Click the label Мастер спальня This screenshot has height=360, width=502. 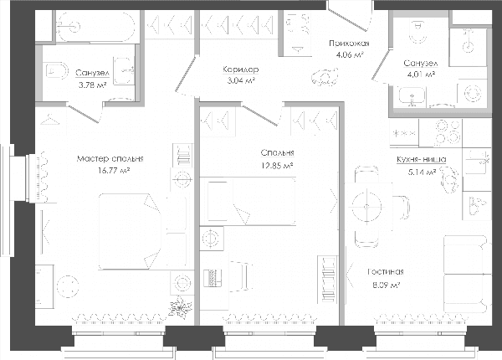tap(110, 159)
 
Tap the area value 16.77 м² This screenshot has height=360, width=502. tap(114, 171)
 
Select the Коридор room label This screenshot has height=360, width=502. tap(241, 69)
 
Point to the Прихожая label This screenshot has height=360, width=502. tap(349, 44)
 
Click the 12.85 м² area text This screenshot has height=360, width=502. tap(277, 166)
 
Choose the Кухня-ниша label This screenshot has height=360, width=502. tap(422, 160)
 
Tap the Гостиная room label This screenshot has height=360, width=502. tap(386, 272)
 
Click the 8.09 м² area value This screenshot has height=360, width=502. tap(385, 285)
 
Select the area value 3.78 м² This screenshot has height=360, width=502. tap(92, 85)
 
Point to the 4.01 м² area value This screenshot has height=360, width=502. tap(421, 75)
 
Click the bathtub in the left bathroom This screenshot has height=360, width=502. tap(95, 27)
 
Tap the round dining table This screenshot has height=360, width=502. tap(366, 206)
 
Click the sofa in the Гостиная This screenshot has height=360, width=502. tap(467, 274)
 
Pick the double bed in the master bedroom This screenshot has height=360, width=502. tap(130, 231)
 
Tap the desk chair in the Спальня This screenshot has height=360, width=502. tap(239, 276)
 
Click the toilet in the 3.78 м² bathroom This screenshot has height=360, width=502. tap(57, 71)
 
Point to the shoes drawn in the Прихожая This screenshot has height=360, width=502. tap(325, 77)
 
